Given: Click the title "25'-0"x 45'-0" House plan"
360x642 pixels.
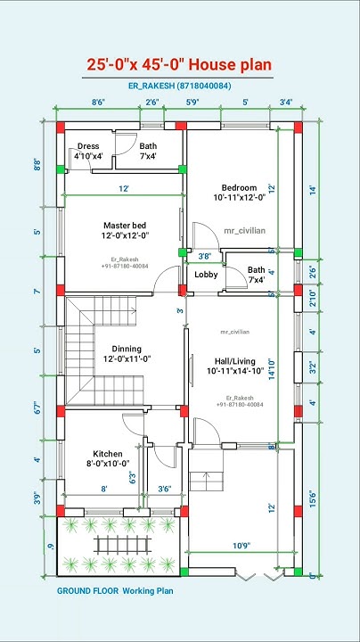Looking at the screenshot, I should [x=179, y=65].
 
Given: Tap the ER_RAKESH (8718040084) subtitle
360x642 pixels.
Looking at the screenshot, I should [x=178, y=86].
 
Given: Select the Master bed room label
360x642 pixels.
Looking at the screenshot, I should [x=125, y=230].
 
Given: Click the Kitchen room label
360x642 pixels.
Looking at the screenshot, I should [x=108, y=458].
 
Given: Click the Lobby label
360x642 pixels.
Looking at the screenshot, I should [x=206, y=275].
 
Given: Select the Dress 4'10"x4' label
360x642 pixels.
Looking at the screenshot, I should [x=88, y=151].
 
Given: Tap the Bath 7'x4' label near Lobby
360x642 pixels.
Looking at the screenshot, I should [x=256, y=275].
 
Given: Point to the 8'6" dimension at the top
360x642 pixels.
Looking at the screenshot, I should [x=98, y=103].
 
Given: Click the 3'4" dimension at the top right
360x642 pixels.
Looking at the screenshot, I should [x=285, y=103].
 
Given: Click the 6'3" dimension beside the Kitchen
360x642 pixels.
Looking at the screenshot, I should [x=135, y=479].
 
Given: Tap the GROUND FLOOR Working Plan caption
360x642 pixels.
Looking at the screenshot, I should [x=115, y=590].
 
